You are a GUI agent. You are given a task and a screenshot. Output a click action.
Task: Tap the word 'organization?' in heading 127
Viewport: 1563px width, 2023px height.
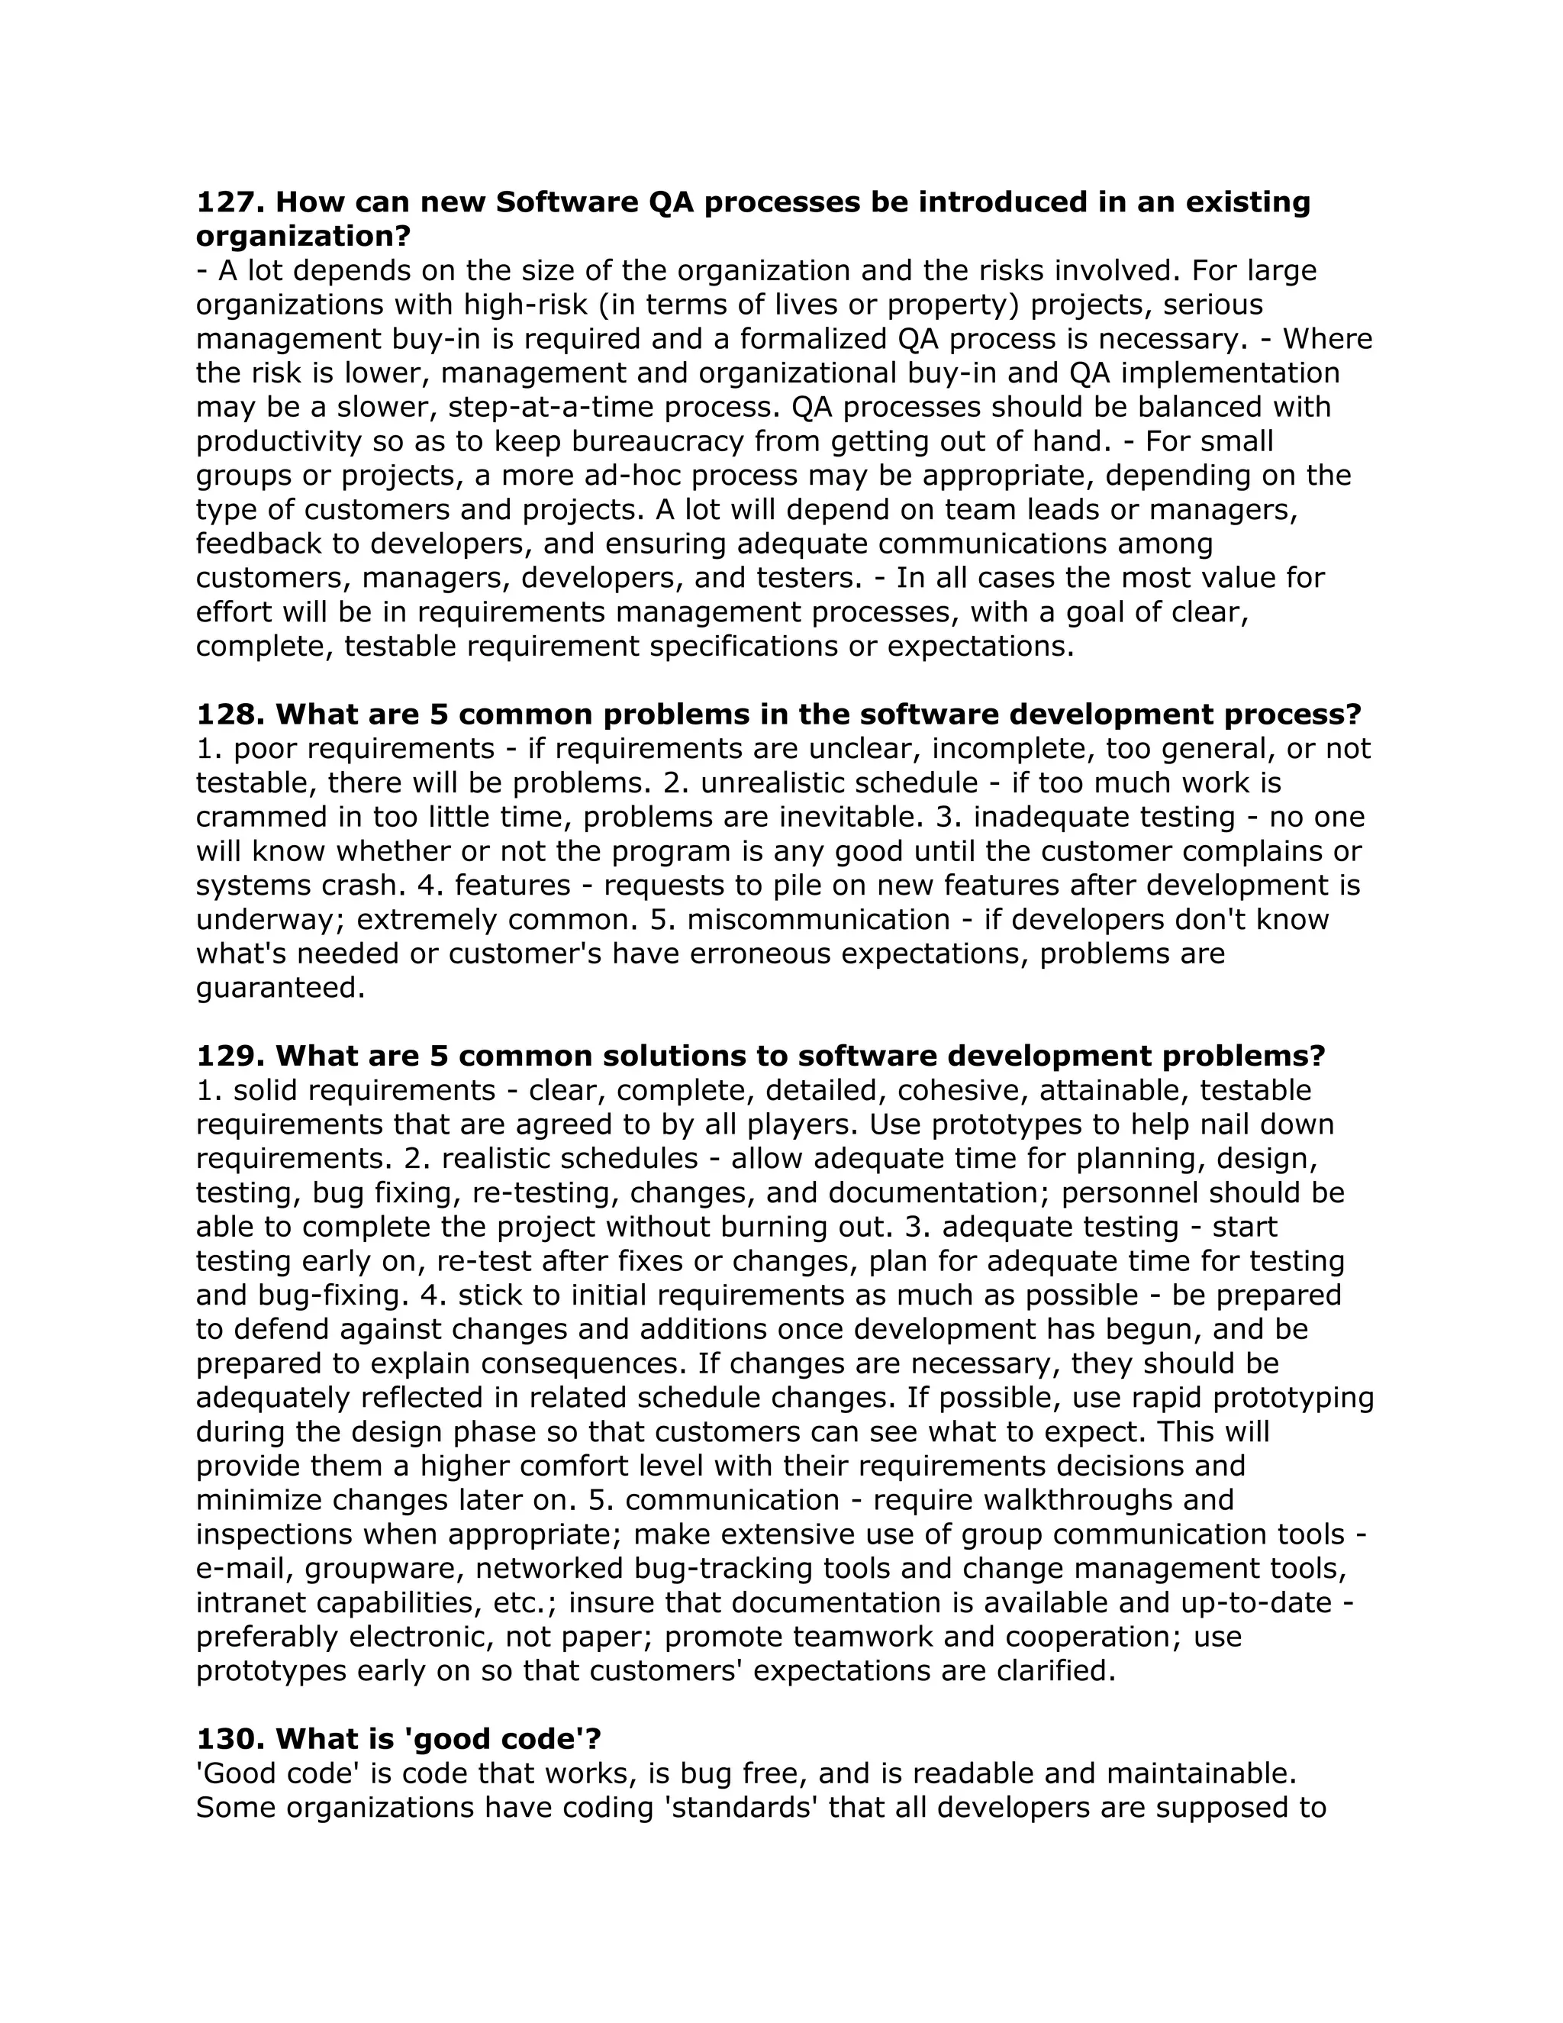pyautogui.click(x=303, y=236)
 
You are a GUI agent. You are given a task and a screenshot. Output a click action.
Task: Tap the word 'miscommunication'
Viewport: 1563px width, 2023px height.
pyautogui.click(x=819, y=919)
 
